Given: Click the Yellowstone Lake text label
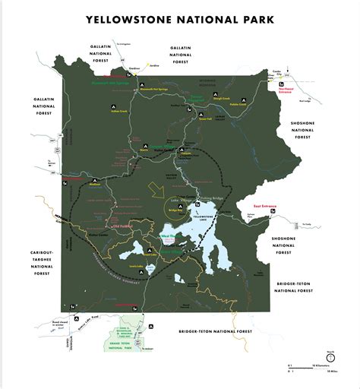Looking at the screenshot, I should (204, 217).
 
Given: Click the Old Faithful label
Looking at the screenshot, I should (123, 226).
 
